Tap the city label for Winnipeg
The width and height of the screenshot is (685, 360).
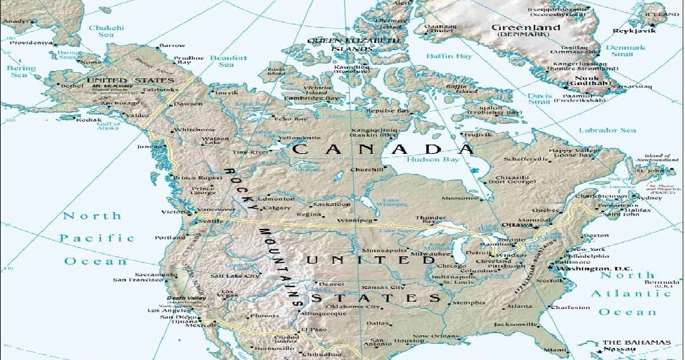355,219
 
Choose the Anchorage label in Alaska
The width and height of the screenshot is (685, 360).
120,103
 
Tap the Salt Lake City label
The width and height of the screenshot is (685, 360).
235,276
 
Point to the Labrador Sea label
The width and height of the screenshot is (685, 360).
607,130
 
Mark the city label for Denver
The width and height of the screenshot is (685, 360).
331,284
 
